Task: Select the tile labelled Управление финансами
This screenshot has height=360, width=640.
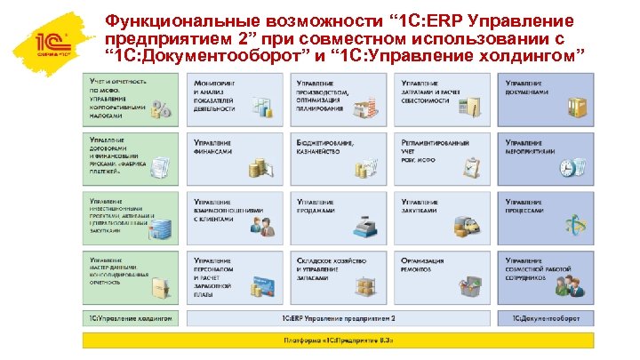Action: pyautogui.click(x=212, y=147)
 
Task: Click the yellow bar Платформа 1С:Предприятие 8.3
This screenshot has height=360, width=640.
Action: pyautogui.click(x=338, y=340)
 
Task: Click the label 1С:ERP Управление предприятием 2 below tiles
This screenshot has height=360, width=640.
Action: pyautogui.click(x=339, y=317)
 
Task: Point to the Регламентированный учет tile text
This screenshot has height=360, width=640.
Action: pyautogui.click(x=430, y=148)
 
